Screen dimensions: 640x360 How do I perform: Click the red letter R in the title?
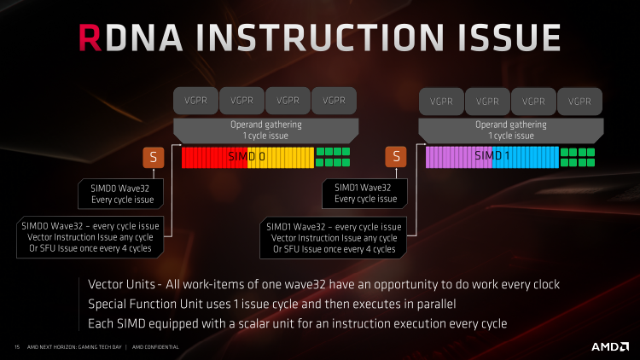tap(90, 38)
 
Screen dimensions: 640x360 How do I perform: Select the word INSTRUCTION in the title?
tap(320, 38)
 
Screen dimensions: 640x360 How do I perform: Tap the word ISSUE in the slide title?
tap(509, 38)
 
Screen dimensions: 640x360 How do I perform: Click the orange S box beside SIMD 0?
tap(154, 157)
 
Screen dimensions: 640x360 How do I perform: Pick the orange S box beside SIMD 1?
tap(396, 157)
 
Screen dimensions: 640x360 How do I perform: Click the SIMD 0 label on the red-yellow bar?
tap(247, 156)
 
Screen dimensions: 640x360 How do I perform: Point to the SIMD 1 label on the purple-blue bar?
tap(492, 155)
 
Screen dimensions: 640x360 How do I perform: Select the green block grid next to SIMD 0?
tap(333, 157)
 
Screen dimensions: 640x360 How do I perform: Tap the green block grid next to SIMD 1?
tap(578, 157)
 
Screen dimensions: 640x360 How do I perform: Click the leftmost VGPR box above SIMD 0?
tap(196, 101)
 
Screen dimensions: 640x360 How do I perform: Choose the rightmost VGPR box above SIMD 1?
tap(579, 102)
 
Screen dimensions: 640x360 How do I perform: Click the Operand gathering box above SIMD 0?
tap(266, 131)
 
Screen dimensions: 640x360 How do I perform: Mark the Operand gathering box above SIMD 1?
tap(511, 131)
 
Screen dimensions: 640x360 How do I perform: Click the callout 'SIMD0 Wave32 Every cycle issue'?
tap(121, 194)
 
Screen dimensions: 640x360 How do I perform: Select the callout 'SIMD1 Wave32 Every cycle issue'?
tap(365, 194)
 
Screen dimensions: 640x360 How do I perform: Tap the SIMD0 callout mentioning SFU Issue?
tap(90, 237)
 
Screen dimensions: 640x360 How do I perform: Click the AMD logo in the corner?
tap(610, 347)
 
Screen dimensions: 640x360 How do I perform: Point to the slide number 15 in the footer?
tap(17, 347)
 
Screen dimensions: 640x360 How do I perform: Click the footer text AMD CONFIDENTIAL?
tap(155, 347)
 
